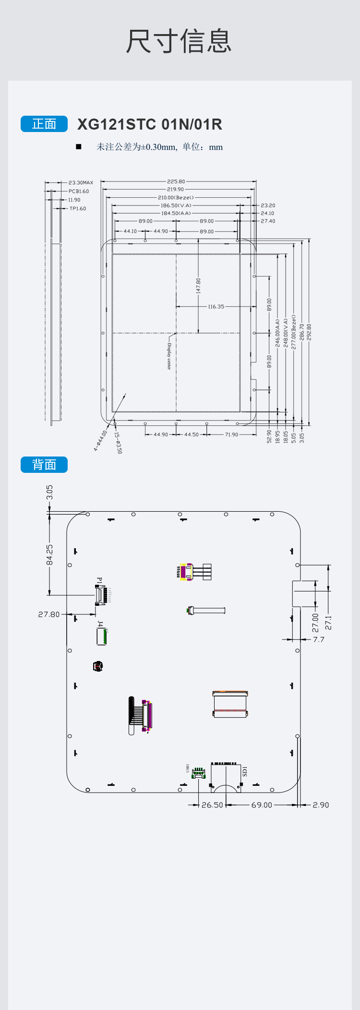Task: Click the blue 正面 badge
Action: coord(44,124)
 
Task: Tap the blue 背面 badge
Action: coord(44,465)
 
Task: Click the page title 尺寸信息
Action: coord(179,41)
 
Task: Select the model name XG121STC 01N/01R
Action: coord(150,124)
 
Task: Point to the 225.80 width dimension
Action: coord(176,181)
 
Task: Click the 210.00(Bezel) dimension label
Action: coord(176,197)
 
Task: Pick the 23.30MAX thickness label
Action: coord(81,182)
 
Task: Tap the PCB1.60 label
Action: coord(78,191)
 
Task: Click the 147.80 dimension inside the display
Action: coord(198,286)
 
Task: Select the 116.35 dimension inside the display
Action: coord(216,306)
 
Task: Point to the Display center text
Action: coord(169,356)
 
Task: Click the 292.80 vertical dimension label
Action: coord(309,332)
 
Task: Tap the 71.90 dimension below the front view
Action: coord(231,434)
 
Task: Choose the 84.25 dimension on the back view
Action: coord(49,555)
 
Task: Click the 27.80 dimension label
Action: coord(49,614)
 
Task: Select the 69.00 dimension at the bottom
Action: coord(262,805)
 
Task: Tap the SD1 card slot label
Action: coord(245,771)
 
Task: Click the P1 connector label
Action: coord(100,580)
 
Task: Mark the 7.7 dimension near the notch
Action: coord(319,639)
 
